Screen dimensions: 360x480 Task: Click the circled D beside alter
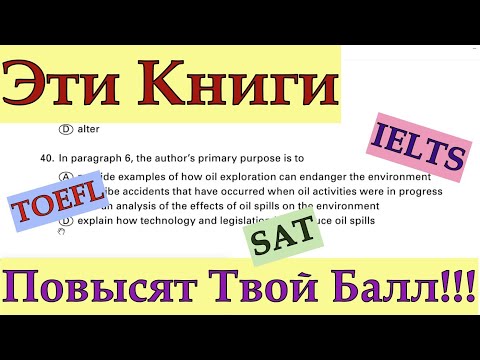65,129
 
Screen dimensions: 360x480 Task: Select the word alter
89,129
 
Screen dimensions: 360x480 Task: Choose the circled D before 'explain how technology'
65,220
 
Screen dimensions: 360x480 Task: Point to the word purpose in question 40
246,158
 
